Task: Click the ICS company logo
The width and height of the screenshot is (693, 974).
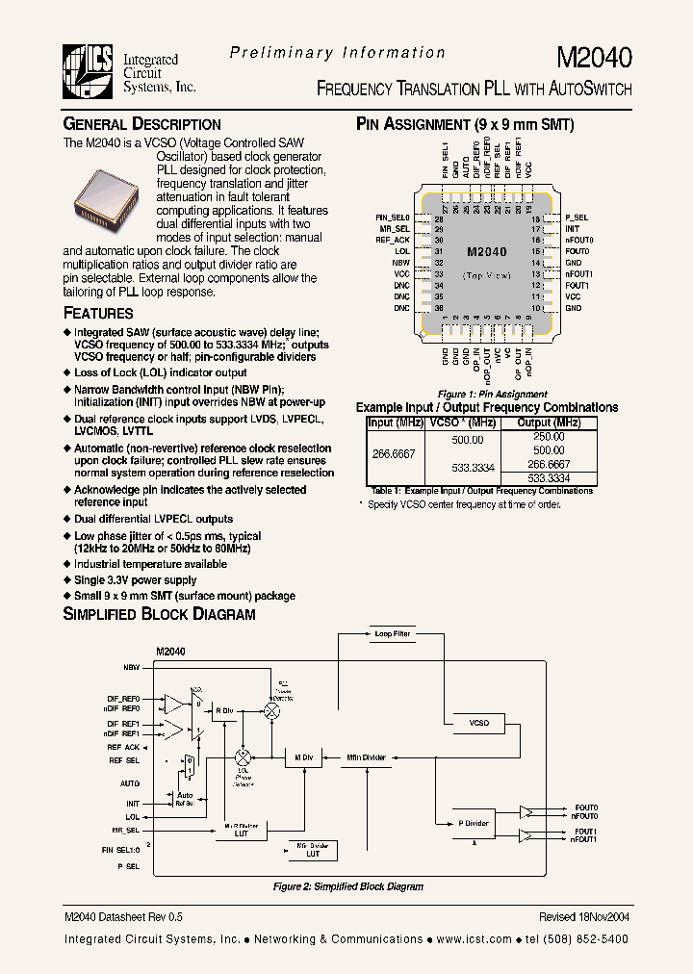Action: tap(89, 72)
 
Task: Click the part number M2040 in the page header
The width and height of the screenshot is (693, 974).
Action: tap(594, 58)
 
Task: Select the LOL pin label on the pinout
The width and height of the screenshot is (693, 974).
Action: tap(402, 251)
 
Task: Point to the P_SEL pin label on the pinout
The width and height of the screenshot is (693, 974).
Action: tap(577, 218)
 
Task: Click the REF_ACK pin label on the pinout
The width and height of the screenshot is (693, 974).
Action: tap(393, 240)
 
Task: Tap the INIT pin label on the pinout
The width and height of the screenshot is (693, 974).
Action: tap(573, 229)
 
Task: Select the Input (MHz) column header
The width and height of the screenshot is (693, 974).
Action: tap(395, 423)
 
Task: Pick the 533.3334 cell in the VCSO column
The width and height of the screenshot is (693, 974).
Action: tap(473, 467)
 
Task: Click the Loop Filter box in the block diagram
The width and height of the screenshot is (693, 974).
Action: tap(391, 634)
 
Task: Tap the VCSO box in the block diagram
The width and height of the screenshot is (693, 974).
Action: tap(479, 723)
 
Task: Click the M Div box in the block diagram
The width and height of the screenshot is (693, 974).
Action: tap(303, 758)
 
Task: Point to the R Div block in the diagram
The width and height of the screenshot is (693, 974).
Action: tap(224, 710)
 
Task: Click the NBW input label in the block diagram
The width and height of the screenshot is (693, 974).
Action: tap(132, 667)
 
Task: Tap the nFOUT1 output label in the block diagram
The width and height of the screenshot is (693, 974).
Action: tap(584, 839)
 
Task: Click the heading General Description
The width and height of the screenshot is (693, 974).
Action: tap(141, 124)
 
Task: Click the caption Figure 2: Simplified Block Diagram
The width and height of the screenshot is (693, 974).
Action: tap(347, 886)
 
